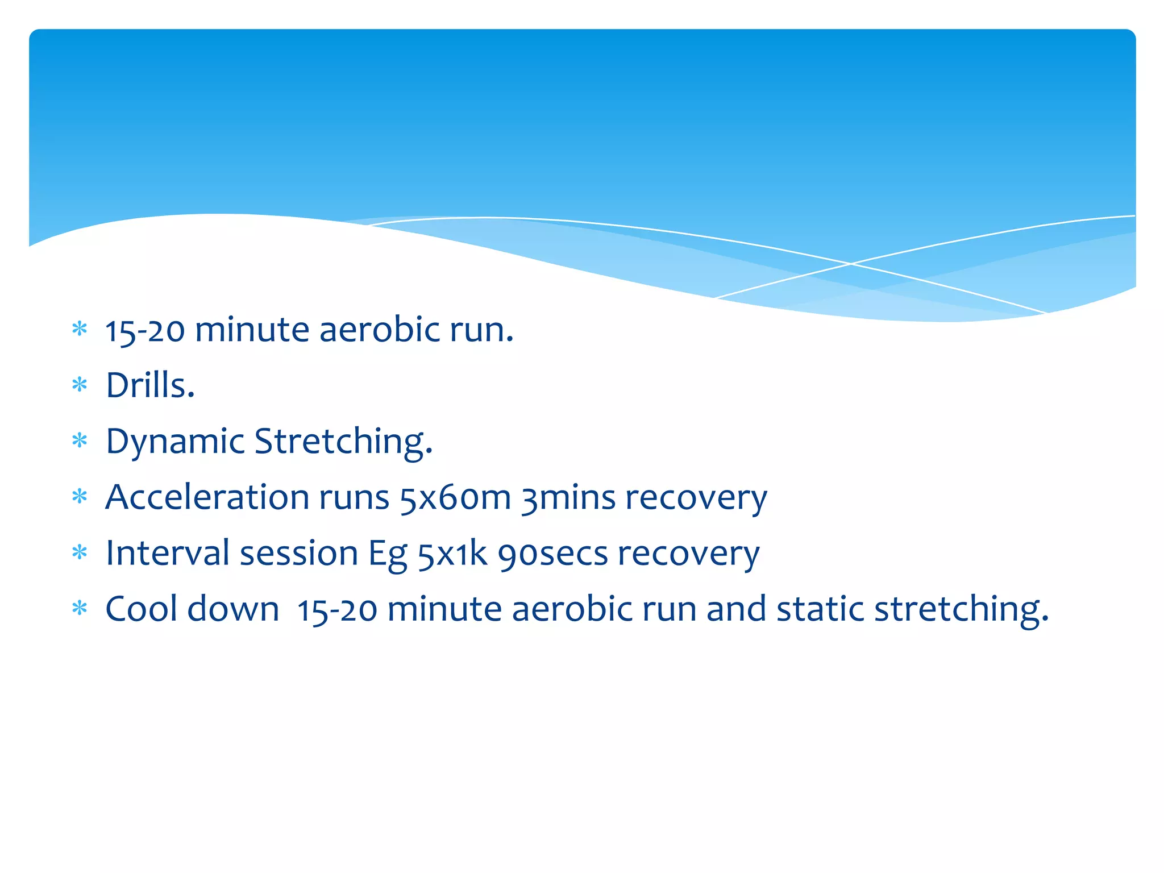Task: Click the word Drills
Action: [150, 385]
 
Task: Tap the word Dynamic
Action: [175, 442]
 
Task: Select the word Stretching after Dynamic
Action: [343, 442]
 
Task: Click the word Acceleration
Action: [207, 497]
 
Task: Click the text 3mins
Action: [569, 498]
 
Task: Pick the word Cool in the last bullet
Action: [142, 609]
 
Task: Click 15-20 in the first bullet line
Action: [145, 330]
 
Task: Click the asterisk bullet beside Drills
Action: [80, 385]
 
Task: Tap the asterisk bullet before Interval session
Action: [80, 552]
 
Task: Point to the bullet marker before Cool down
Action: [80, 608]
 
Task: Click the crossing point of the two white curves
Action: [851, 264]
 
